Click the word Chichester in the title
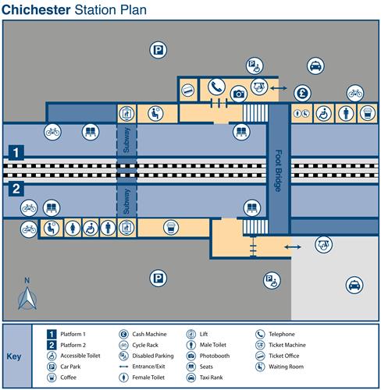point(36,10)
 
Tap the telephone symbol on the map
point(216,87)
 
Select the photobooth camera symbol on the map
point(239,94)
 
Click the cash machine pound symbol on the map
point(302,94)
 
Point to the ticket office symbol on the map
point(187,90)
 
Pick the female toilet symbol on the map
point(73,228)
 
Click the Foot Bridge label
point(279,171)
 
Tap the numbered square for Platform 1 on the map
point(16,153)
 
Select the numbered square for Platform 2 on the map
point(16,189)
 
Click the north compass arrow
point(27,298)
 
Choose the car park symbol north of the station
point(158,50)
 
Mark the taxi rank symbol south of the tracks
point(354,285)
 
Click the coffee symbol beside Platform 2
point(171,227)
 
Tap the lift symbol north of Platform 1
point(126,114)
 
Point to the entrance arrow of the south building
point(293,247)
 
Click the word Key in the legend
point(14,356)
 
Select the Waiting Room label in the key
point(286,367)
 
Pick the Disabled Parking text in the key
point(153,356)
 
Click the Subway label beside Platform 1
point(126,140)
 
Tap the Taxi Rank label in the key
point(211,378)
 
